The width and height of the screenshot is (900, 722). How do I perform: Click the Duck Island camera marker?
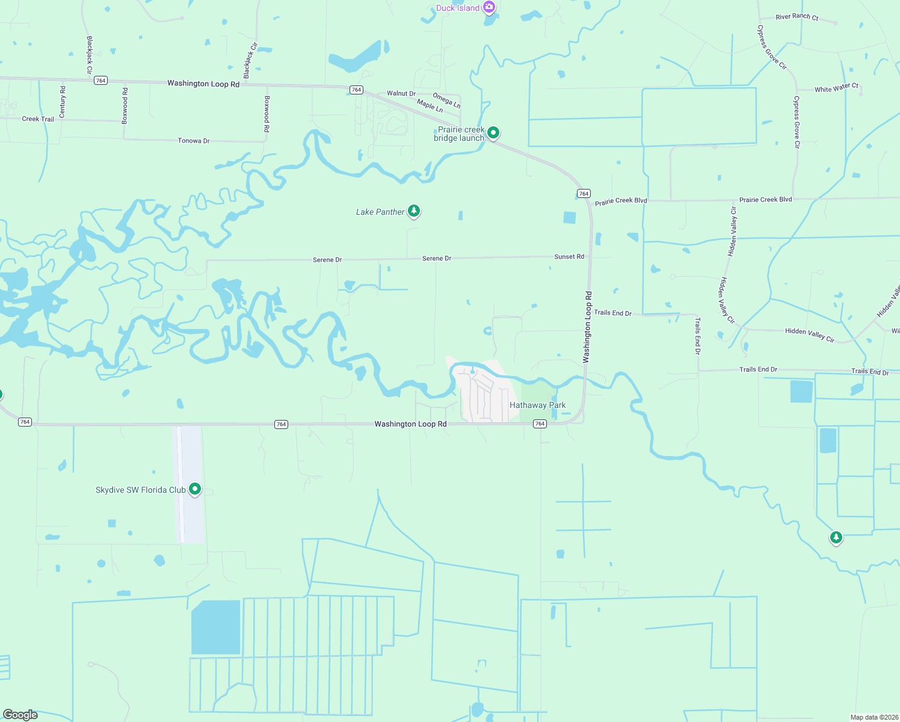pyautogui.click(x=489, y=7)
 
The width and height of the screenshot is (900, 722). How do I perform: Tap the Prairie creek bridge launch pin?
pyautogui.click(x=493, y=132)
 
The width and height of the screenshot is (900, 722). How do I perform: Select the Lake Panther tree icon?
pyautogui.click(x=413, y=211)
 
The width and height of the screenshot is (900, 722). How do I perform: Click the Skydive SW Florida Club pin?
pyautogui.click(x=195, y=489)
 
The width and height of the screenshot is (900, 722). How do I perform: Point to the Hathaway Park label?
pyautogui.click(x=537, y=405)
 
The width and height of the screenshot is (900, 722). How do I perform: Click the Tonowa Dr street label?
pyautogui.click(x=194, y=141)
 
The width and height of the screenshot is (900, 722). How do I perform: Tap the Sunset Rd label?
pyautogui.click(x=569, y=257)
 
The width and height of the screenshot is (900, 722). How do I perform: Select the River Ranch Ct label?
pyautogui.click(x=797, y=17)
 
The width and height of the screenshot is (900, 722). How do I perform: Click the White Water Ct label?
pyautogui.click(x=836, y=88)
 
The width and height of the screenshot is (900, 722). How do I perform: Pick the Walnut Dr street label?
pyautogui.click(x=401, y=94)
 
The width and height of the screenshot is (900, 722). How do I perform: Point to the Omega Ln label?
pyautogui.click(x=446, y=100)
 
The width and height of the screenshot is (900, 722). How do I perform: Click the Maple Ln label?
pyautogui.click(x=430, y=106)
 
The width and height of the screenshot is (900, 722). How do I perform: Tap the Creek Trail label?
pyautogui.click(x=38, y=119)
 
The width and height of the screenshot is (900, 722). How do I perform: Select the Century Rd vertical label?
pyautogui.click(x=63, y=102)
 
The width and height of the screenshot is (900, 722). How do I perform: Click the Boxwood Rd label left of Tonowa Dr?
pyautogui.click(x=125, y=106)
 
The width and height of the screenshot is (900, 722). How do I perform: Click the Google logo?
pyautogui.click(x=20, y=715)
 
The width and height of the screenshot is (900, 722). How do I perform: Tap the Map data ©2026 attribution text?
pyautogui.click(x=873, y=717)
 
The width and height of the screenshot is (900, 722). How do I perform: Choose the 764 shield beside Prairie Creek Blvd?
pyautogui.click(x=584, y=194)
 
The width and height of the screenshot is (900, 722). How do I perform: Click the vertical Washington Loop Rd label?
pyautogui.click(x=588, y=327)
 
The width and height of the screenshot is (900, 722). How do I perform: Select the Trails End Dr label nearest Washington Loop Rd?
pyautogui.click(x=612, y=313)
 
